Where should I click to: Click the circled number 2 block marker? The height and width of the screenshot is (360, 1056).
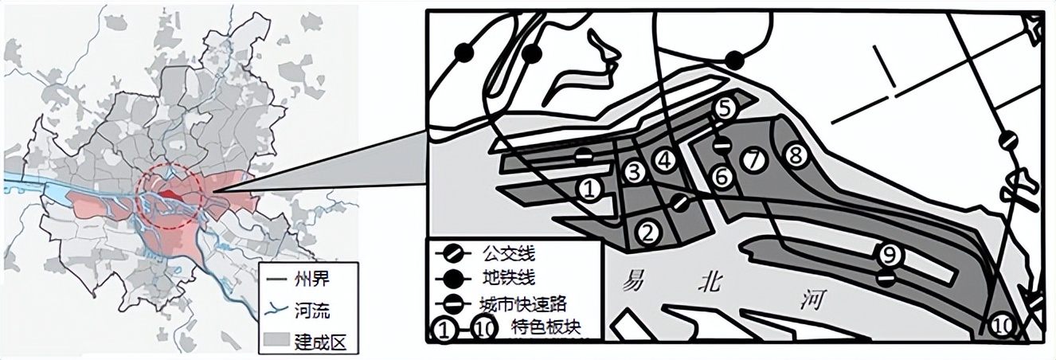pos(648,232)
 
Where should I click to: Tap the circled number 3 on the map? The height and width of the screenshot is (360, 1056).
pos(633,172)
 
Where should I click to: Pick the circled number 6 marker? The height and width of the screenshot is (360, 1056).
pos(722,177)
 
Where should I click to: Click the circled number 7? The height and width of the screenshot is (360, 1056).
pos(752,160)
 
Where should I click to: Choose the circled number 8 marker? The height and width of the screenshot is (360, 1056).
pos(793,155)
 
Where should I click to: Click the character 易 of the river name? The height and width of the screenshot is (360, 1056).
pos(634,281)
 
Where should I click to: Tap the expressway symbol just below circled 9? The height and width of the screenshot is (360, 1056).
pos(886,278)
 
